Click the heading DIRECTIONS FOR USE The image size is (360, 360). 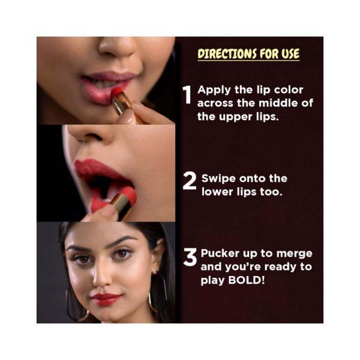(x=248, y=54)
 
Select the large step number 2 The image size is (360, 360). (x=189, y=181)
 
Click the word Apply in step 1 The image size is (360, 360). (x=212, y=91)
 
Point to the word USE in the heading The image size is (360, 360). (x=287, y=54)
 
